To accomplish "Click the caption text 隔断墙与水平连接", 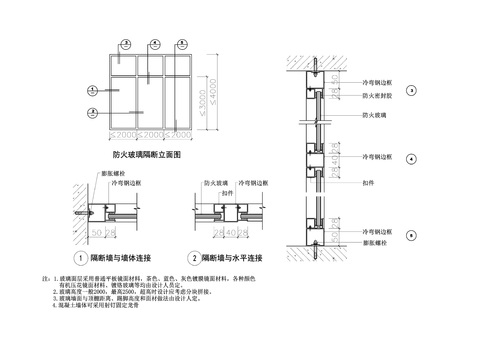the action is pos(234,258).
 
